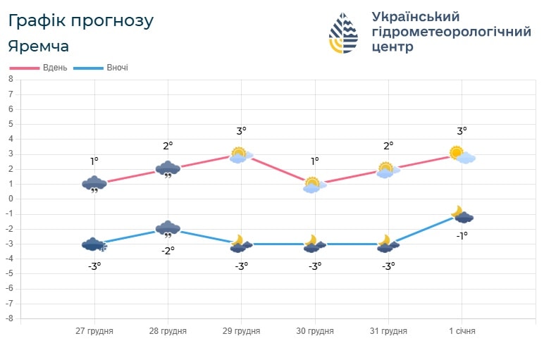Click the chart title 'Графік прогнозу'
click(x=80, y=20)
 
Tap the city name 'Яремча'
click(x=39, y=46)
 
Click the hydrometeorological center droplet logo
click(x=343, y=33)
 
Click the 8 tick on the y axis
click(x=11, y=80)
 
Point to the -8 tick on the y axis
click(x=9, y=318)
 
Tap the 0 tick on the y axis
click(x=11, y=199)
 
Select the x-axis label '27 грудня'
click(x=94, y=331)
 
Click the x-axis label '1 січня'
click(x=462, y=331)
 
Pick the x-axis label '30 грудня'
click(x=315, y=331)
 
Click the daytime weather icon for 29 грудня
click(x=241, y=155)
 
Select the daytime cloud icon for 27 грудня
click(x=94, y=185)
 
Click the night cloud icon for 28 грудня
click(x=168, y=229)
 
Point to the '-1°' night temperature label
click(x=462, y=236)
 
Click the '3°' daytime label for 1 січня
click(x=462, y=131)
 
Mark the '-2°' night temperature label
click(x=168, y=250)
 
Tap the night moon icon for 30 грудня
click(x=314, y=244)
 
